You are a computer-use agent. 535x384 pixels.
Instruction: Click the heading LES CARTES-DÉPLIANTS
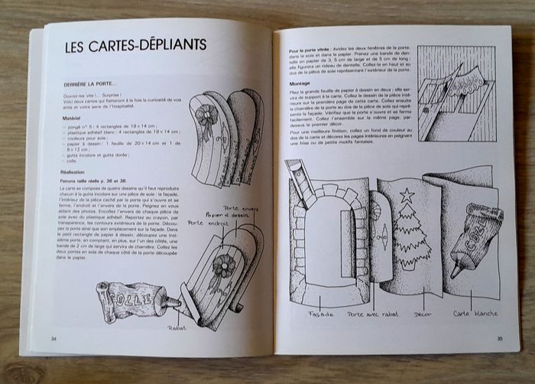(135, 44)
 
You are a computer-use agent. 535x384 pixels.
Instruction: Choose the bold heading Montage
(300, 83)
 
